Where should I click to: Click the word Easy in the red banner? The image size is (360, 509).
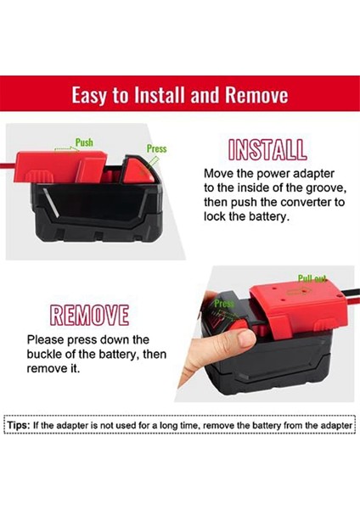pyautogui.click(x=90, y=95)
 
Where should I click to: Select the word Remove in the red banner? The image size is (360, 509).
pyautogui.click(x=254, y=95)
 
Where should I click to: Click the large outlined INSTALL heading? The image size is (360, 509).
pyautogui.click(x=267, y=150)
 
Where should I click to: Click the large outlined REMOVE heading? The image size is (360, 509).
pyautogui.click(x=89, y=316)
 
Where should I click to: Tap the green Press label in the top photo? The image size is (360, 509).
pyautogui.click(x=157, y=148)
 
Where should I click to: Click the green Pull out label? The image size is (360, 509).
pyautogui.click(x=312, y=278)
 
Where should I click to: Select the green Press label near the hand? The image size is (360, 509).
pyautogui.click(x=224, y=303)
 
